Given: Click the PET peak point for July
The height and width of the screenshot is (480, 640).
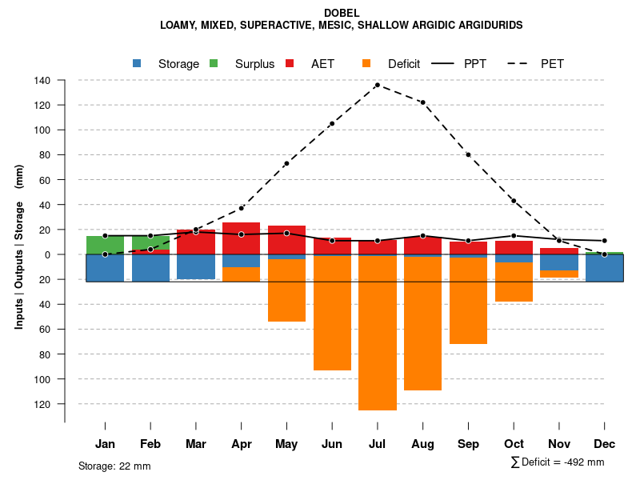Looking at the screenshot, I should [377, 85].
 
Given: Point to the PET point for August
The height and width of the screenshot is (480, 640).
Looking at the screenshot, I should [422, 102].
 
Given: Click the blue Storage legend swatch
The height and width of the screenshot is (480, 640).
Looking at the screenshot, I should [138, 63].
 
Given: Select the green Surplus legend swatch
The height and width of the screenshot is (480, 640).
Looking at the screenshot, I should [214, 63].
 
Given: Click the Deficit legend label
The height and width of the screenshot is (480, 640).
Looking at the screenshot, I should [404, 64].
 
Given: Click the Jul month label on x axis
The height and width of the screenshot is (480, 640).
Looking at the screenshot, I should [378, 444].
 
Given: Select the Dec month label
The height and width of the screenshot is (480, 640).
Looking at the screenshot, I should [605, 444].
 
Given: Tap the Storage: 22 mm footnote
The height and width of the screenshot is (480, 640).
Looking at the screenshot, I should [114, 466].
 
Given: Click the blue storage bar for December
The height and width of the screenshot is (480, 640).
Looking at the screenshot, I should [605, 268].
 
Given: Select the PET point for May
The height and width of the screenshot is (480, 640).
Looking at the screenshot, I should [286, 163].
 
